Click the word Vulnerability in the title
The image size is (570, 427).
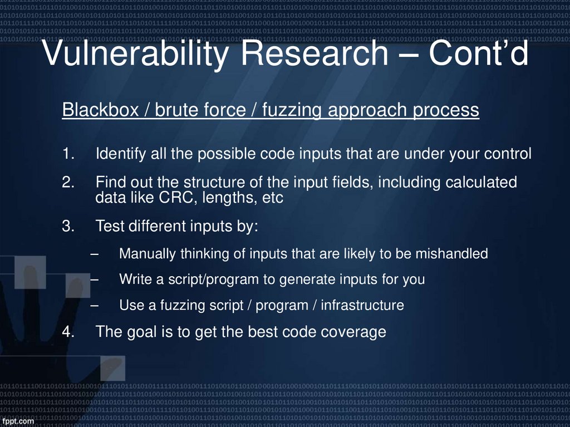pyautogui.click(x=134, y=54)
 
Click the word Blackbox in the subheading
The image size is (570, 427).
pyautogui.click(x=100, y=110)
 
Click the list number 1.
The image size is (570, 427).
pyautogui.click(x=67, y=154)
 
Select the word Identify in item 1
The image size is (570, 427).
pyautogui.click(x=121, y=154)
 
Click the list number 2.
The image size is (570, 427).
pyautogui.click(x=67, y=183)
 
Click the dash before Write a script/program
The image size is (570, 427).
pyautogui.click(x=94, y=279)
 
